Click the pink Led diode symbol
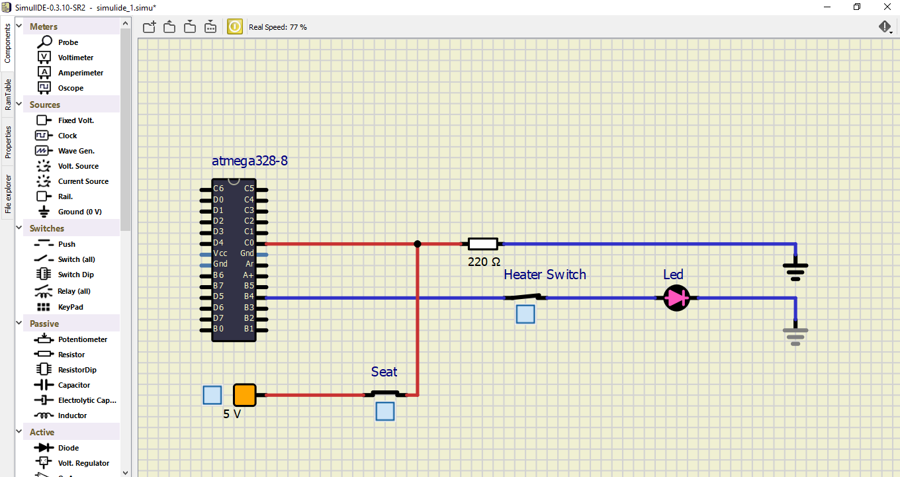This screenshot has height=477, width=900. (x=676, y=298)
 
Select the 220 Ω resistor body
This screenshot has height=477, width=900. (x=482, y=243)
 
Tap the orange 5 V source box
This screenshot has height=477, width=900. (x=244, y=395)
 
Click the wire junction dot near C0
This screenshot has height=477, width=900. (x=417, y=243)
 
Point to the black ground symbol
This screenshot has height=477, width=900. (x=795, y=267)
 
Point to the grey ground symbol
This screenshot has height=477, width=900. (x=795, y=335)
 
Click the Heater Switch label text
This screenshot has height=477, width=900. (x=545, y=275)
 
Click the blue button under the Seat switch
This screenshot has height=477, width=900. (x=385, y=412)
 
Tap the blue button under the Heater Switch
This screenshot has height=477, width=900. (x=525, y=314)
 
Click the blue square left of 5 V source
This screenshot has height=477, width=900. (x=212, y=395)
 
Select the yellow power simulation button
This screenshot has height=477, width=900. (x=235, y=26)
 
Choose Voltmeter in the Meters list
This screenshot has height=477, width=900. (x=75, y=58)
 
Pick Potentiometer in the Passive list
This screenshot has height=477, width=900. (x=82, y=339)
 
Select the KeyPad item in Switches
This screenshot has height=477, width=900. (x=70, y=307)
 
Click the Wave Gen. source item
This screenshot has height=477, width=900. (x=75, y=151)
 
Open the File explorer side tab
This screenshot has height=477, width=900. (x=8, y=195)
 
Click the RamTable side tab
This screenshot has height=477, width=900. (x=8, y=94)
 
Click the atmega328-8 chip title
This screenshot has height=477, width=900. (x=249, y=161)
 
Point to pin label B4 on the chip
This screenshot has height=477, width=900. (x=249, y=296)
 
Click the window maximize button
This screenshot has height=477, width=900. (x=857, y=7)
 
